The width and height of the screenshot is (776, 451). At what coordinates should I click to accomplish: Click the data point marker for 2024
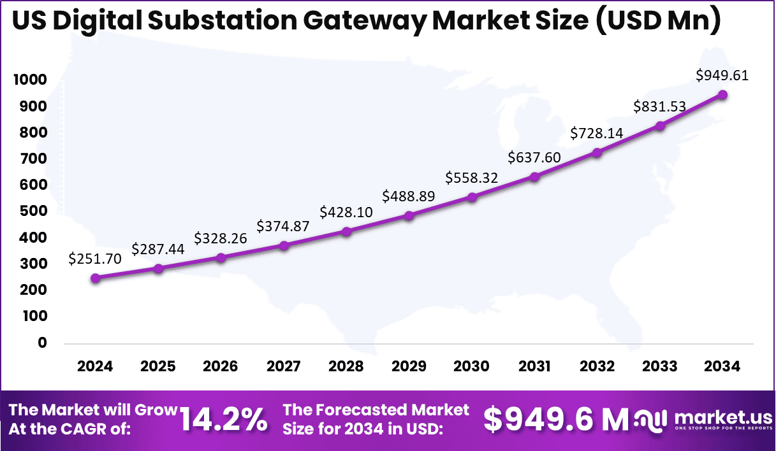click(x=95, y=278)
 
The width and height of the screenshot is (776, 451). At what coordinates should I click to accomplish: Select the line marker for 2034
click(x=722, y=95)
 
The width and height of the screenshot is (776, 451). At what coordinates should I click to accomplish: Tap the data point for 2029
click(x=409, y=216)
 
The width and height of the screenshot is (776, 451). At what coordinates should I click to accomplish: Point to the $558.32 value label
click(x=472, y=178)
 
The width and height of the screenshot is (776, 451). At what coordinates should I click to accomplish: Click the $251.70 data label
click(x=95, y=259)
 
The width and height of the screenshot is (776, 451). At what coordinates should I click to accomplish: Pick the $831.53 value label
click(x=660, y=107)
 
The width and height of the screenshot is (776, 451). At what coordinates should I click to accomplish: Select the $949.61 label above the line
click(x=722, y=75)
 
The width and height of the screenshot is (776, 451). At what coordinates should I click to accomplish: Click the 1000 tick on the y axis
click(x=28, y=80)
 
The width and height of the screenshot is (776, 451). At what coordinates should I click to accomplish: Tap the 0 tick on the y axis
click(x=43, y=343)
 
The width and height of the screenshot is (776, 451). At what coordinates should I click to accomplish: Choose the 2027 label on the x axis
click(x=283, y=366)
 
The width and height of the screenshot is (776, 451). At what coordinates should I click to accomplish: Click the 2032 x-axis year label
click(x=597, y=366)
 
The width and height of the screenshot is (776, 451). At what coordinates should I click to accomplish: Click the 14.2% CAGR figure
click(x=223, y=419)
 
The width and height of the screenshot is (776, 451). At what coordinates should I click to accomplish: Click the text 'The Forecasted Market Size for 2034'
click(x=376, y=419)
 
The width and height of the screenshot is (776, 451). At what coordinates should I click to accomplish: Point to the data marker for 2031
click(x=534, y=177)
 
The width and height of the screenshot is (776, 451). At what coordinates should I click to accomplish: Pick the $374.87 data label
click(x=283, y=226)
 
